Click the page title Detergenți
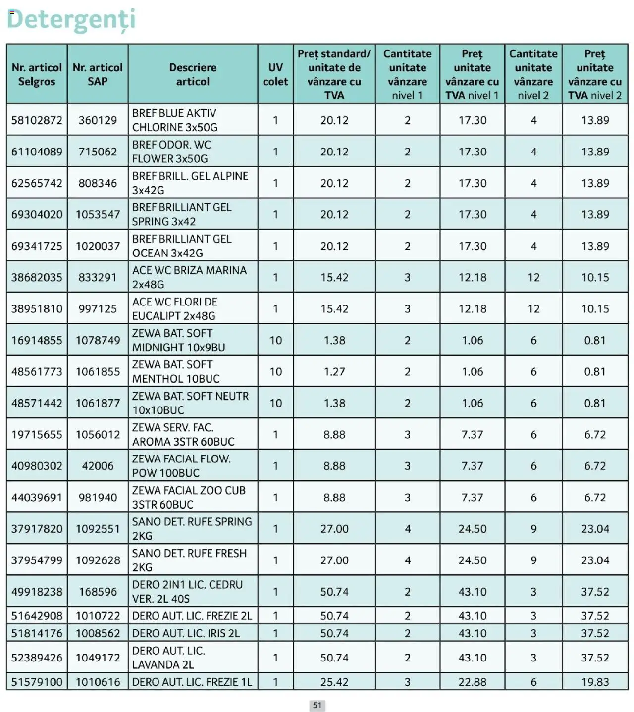pyautogui.click(x=71, y=20)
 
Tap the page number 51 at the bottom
pyautogui.click(x=317, y=705)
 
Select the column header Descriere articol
pyautogui.click(x=193, y=74)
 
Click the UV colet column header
pyautogui.click(x=275, y=74)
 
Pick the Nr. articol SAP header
pyautogui.click(x=98, y=74)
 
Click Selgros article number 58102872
pyautogui.click(x=37, y=120)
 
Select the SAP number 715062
pyautogui.click(x=98, y=152)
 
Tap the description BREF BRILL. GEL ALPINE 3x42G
pyautogui.click(x=190, y=183)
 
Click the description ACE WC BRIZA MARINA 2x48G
pyautogui.click(x=189, y=277)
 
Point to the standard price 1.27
pyautogui.click(x=334, y=371)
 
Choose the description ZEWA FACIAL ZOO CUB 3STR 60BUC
pyautogui.click(x=189, y=497)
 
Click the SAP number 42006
pyautogui.click(x=98, y=466)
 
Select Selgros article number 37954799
pyautogui.click(x=37, y=560)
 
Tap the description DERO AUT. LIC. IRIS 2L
pyautogui.click(x=186, y=633)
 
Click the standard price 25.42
pyautogui.click(x=334, y=682)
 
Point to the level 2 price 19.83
pyautogui.click(x=595, y=682)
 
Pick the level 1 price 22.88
pyautogui.click(x=472, y=682)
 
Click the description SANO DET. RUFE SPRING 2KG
pyautogui.click(x=192, y=529)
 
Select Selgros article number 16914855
pyautogui.click(x=37, y=340)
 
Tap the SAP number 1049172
pyautogui.click(x=98, y=658)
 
